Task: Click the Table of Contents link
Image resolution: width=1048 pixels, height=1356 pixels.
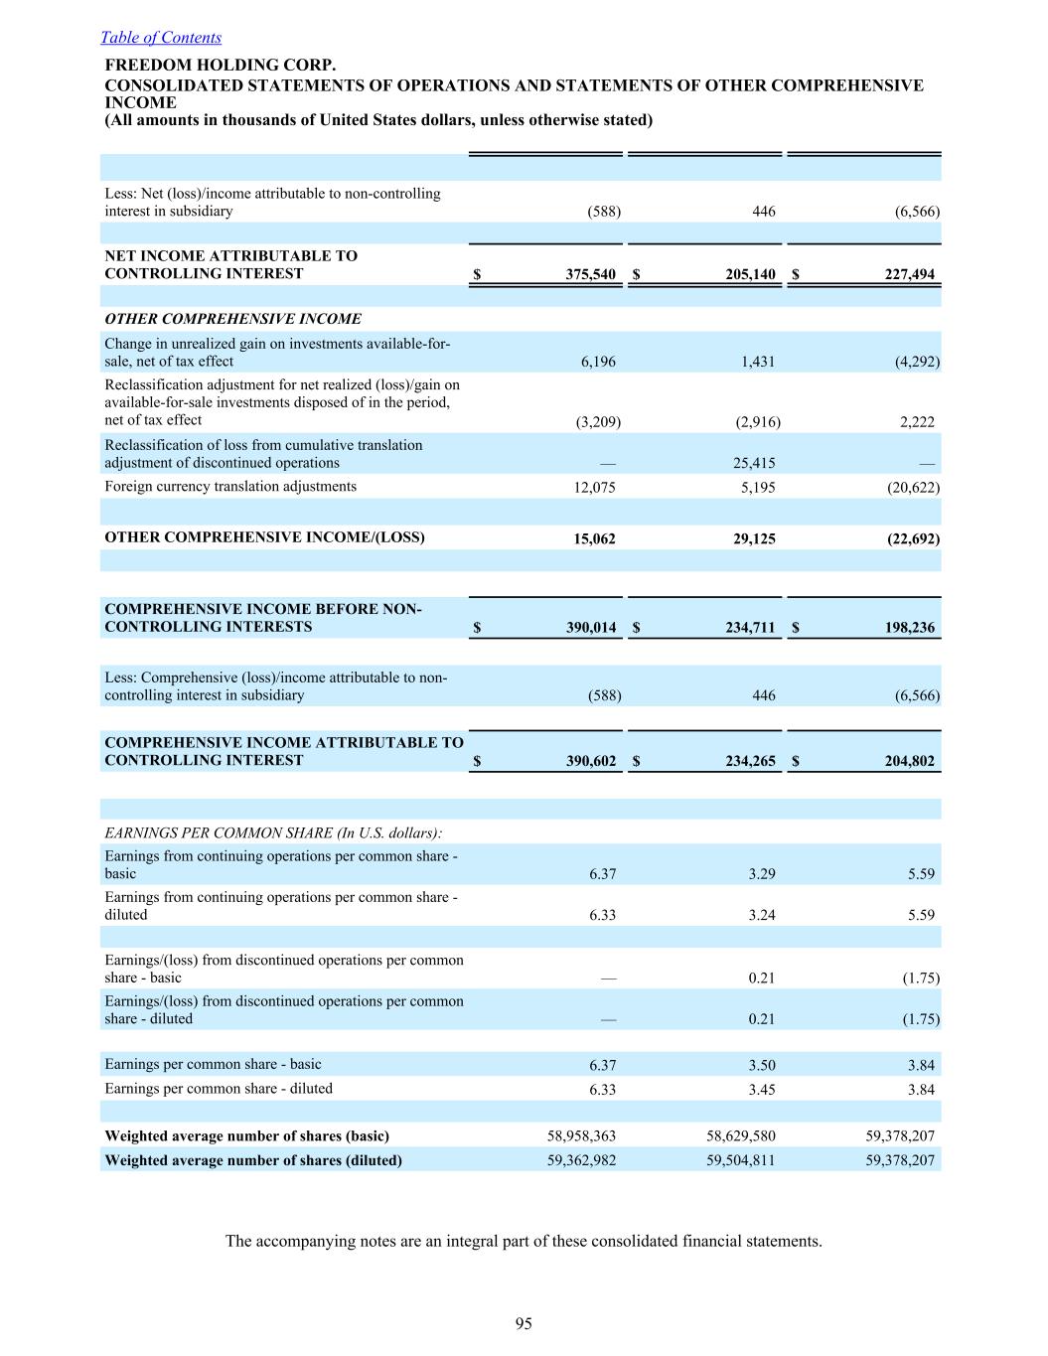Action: tap(161, 38)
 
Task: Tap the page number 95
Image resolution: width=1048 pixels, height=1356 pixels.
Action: tap(524, 1322)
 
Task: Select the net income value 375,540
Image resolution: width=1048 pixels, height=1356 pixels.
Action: tap(591, 274)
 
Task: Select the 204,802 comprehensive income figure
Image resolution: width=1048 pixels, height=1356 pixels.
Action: tap(909, 761)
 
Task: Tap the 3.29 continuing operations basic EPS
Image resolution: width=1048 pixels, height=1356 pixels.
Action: tap(761, 874)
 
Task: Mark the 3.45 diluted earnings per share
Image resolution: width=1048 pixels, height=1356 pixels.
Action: tap(761, 1089)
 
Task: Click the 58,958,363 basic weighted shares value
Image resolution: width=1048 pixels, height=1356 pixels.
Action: tap(581, 1135)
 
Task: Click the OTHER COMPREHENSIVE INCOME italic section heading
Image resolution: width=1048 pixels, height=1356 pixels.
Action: tap(233, 319)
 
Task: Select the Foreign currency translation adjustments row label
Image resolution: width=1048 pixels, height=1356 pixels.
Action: tap(230, 487)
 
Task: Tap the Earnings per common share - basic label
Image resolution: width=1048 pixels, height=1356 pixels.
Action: tap(214, 1064)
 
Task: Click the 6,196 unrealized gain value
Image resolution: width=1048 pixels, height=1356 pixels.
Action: tap(598, 362)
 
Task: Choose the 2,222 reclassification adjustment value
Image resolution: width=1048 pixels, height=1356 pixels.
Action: tap(917, 421)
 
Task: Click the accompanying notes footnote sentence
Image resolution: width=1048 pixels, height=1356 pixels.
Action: tap(524, 1241)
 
